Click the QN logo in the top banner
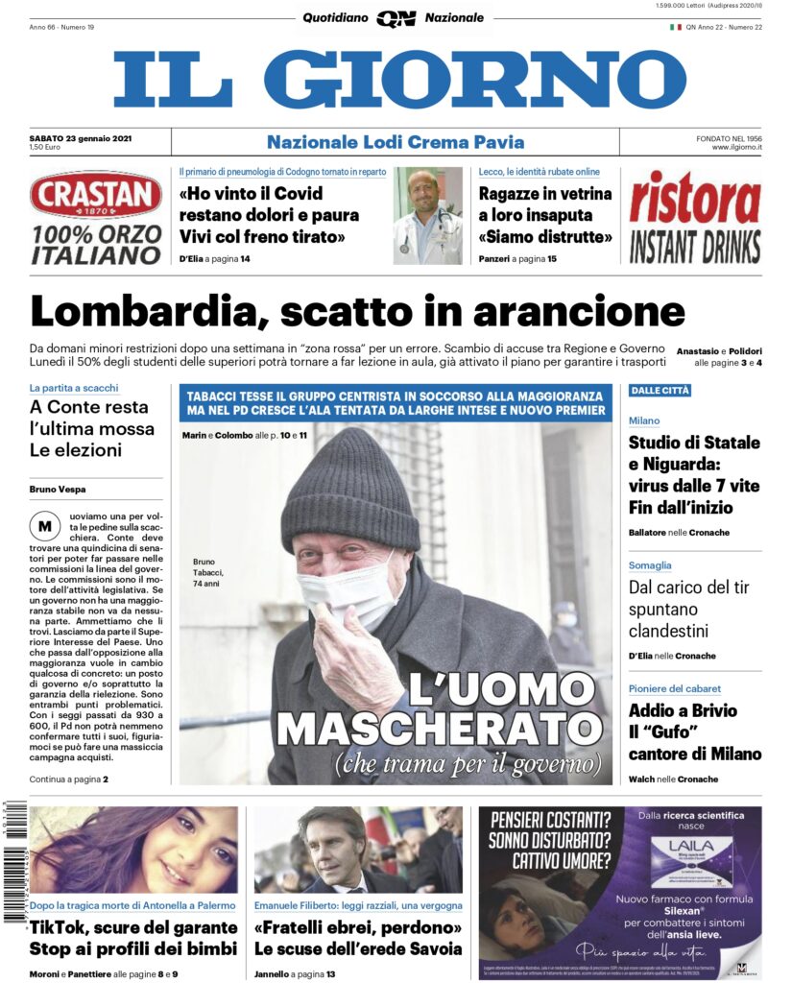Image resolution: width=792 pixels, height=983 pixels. pyautogui.click(x=395, y=18)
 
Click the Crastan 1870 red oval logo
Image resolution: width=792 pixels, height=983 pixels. pyautogui.click(x=96, y=195)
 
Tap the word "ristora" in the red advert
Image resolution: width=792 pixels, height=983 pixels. pyautogui.click(x=695, y=200)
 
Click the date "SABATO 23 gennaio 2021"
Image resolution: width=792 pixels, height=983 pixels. pyautogui.click(x=81, y=138)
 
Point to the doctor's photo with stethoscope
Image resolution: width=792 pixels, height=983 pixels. pyautogui.click(x=427, y=216)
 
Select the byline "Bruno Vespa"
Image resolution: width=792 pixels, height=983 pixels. pyautogui.click(x=57, y=490)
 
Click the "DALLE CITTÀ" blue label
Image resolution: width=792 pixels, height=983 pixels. pyautogui.click(x=660, y=390)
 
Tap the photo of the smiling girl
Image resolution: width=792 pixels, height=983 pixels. pyautogui.click(x=133, y=850)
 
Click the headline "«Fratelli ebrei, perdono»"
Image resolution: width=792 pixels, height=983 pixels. pyautogui.click(x=358, y=927)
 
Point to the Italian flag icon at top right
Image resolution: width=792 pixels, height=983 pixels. pyautogui.click(x=675, y=27)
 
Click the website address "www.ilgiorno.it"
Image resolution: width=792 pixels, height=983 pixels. pyautogui.click(x=736, y=148)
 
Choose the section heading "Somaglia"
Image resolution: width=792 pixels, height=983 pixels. pyautogui.click(x=650, y=565)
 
